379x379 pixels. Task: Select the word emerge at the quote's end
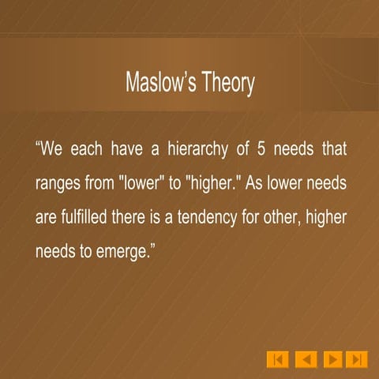click(127, 254)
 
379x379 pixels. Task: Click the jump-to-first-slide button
click(277, 359)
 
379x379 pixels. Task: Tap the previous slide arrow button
click(306, 359)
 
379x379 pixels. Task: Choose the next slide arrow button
click(333, 359)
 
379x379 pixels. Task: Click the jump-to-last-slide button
click(357, 359)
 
